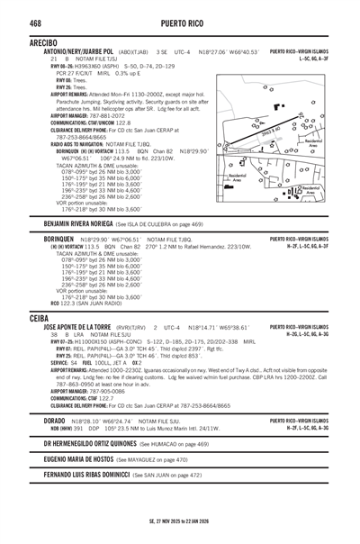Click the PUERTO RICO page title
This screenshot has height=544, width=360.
click(180, 23)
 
